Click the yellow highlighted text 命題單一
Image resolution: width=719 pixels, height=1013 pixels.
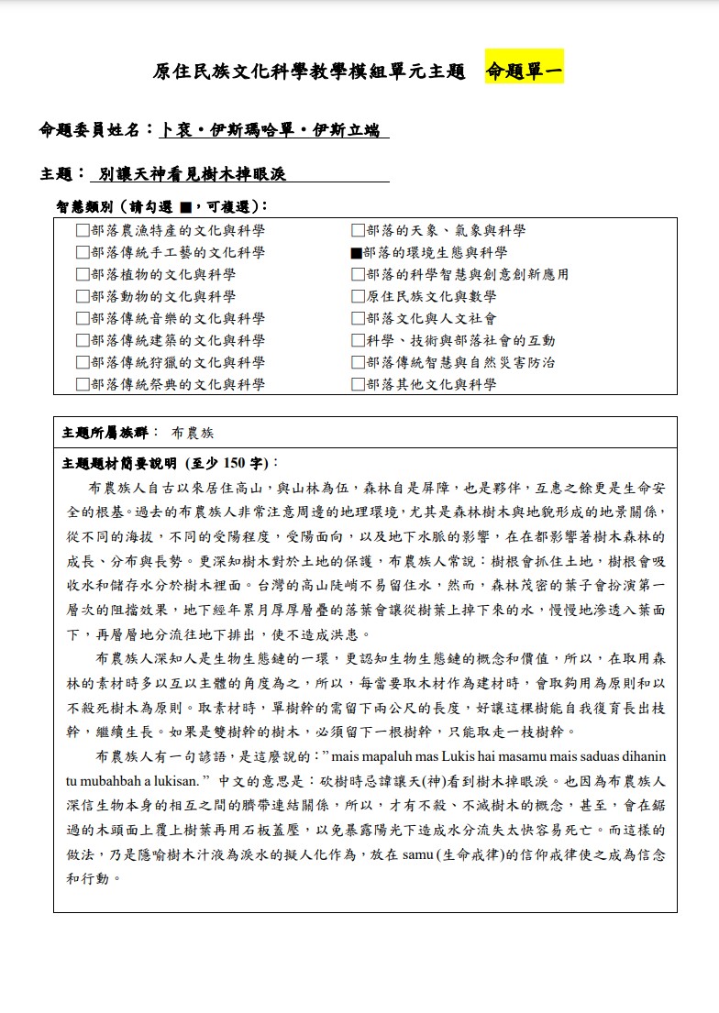524,71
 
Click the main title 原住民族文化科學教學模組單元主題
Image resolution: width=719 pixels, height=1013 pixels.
309,72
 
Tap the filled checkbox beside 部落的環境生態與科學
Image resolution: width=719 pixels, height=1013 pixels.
357,253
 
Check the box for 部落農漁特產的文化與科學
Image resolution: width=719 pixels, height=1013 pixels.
83,231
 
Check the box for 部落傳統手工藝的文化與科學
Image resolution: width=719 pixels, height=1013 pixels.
83,253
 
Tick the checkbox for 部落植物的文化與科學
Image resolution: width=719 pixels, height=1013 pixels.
83,275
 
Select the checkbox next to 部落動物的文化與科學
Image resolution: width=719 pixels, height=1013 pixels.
83,297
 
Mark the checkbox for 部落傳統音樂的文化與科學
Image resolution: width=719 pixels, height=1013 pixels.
83,319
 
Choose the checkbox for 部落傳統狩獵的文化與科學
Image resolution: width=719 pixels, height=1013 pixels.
83,363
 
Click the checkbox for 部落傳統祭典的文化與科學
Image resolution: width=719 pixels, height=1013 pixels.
83,385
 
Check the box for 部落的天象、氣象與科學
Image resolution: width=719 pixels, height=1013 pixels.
358,231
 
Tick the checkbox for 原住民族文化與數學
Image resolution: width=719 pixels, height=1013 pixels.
358,297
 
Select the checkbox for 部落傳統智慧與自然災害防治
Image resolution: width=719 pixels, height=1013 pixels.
358,363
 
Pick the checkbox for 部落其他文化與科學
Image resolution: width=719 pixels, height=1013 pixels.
358,385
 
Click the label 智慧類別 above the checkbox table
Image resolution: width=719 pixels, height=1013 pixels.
86,206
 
